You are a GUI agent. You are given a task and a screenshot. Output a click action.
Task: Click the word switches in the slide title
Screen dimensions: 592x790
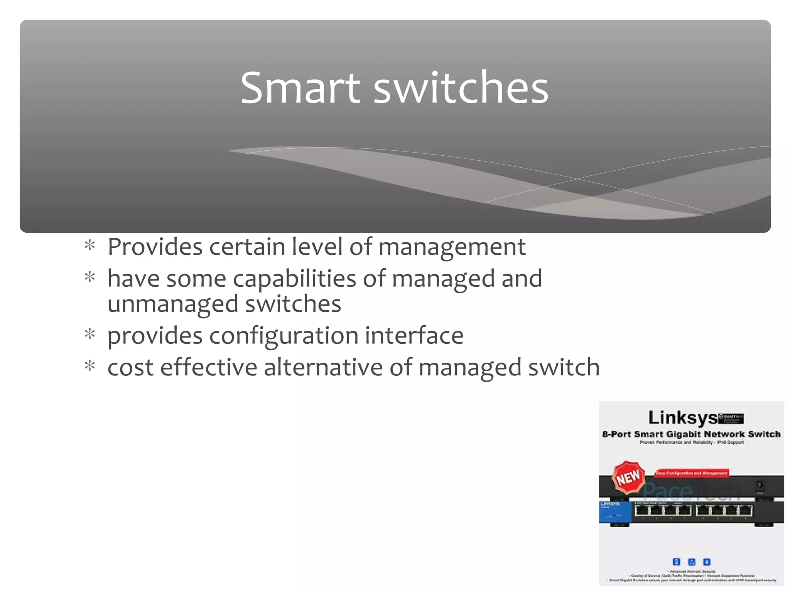461,88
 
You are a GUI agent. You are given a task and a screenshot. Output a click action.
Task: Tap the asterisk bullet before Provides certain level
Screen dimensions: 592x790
90,246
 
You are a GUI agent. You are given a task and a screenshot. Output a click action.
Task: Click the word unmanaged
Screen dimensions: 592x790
173,304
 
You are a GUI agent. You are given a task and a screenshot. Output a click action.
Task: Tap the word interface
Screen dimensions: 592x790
414,335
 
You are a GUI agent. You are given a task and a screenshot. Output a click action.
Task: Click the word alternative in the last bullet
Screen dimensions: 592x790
323,367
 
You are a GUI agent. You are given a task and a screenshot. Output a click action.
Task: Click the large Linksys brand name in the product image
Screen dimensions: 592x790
682,418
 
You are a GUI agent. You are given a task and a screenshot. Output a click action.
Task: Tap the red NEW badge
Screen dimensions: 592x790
629,478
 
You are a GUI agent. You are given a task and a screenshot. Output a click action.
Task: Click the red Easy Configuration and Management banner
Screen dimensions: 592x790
692,473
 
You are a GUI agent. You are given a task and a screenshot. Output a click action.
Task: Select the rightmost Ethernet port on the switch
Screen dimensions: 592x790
746,511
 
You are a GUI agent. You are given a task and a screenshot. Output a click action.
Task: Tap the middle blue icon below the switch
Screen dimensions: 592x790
692,562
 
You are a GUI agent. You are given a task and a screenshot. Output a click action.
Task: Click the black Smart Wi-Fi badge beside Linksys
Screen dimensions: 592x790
731,419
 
